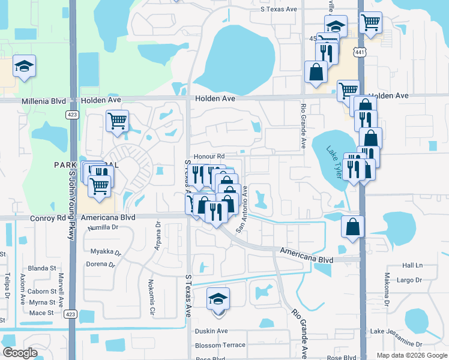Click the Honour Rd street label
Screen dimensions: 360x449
click(209, 155)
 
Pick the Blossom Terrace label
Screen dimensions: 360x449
click(220, 345)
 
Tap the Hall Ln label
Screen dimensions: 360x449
click(412, 265)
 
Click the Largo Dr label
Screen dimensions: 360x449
click(410, 280)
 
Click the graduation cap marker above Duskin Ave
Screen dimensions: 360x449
click(218, 299)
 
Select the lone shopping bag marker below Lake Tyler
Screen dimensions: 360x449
click(353, 227)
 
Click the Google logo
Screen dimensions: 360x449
click(20, 353)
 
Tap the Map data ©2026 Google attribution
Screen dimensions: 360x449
click(412, 355)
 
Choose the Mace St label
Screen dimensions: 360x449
click(42, 313)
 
